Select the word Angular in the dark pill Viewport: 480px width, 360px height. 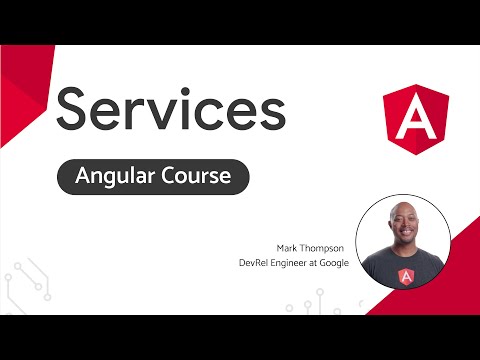(119, 177)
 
